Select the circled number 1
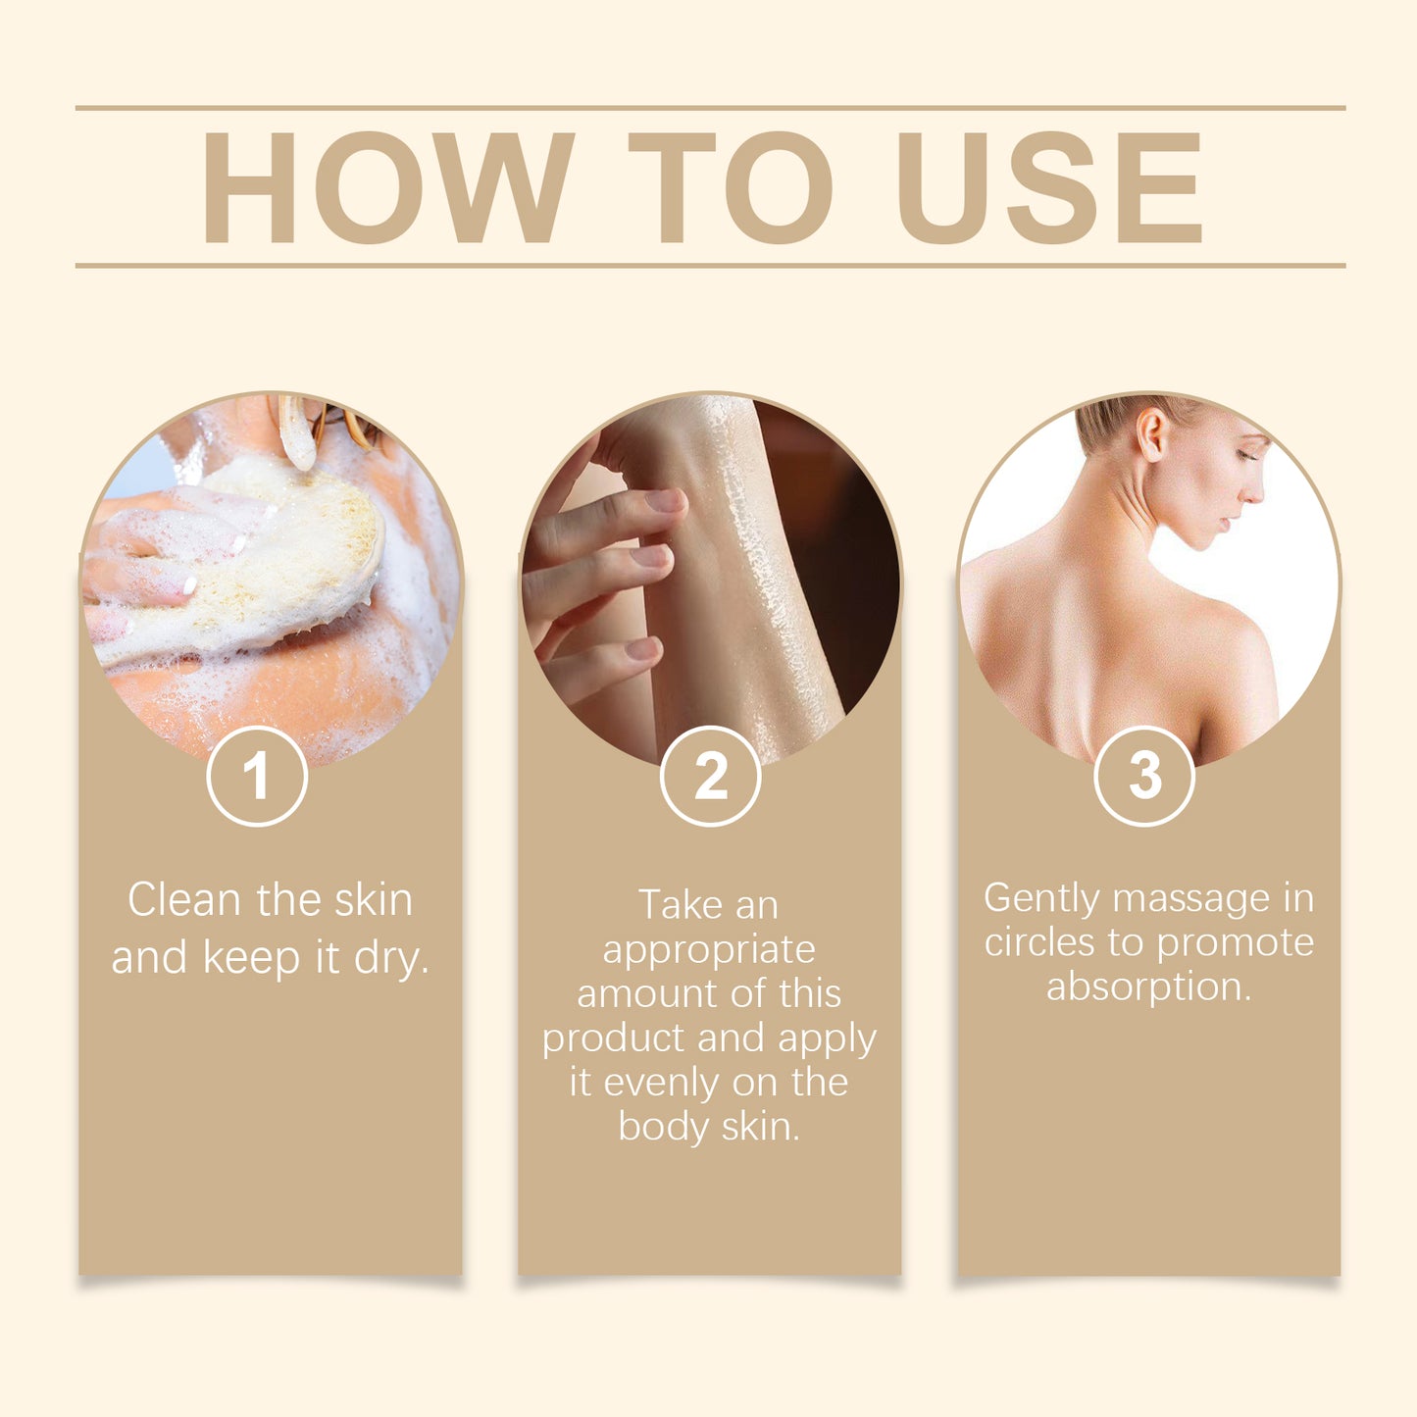257,776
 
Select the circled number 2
711,776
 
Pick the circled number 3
1144,776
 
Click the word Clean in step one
184,899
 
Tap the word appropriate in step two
709,950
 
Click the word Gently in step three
1042,899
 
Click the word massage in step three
1191,899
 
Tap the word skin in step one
374,899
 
